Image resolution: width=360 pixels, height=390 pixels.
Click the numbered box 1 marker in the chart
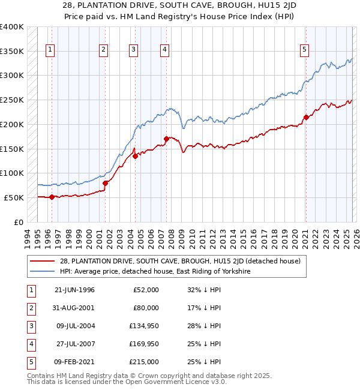(50, 50)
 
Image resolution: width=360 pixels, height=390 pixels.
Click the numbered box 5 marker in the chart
(305, 50)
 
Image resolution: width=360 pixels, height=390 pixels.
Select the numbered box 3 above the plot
(133, 50)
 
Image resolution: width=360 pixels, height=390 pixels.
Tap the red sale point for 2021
(306, 117)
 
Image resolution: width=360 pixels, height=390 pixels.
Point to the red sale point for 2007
(166, 139)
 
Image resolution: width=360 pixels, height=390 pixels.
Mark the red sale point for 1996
(52, 196)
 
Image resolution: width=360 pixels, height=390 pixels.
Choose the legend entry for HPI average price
(155, 271)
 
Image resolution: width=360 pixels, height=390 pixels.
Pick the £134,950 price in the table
(145, 326)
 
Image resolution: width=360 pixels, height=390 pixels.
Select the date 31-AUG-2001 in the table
(74, 308)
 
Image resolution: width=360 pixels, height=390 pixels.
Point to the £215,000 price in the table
(145, 362)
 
